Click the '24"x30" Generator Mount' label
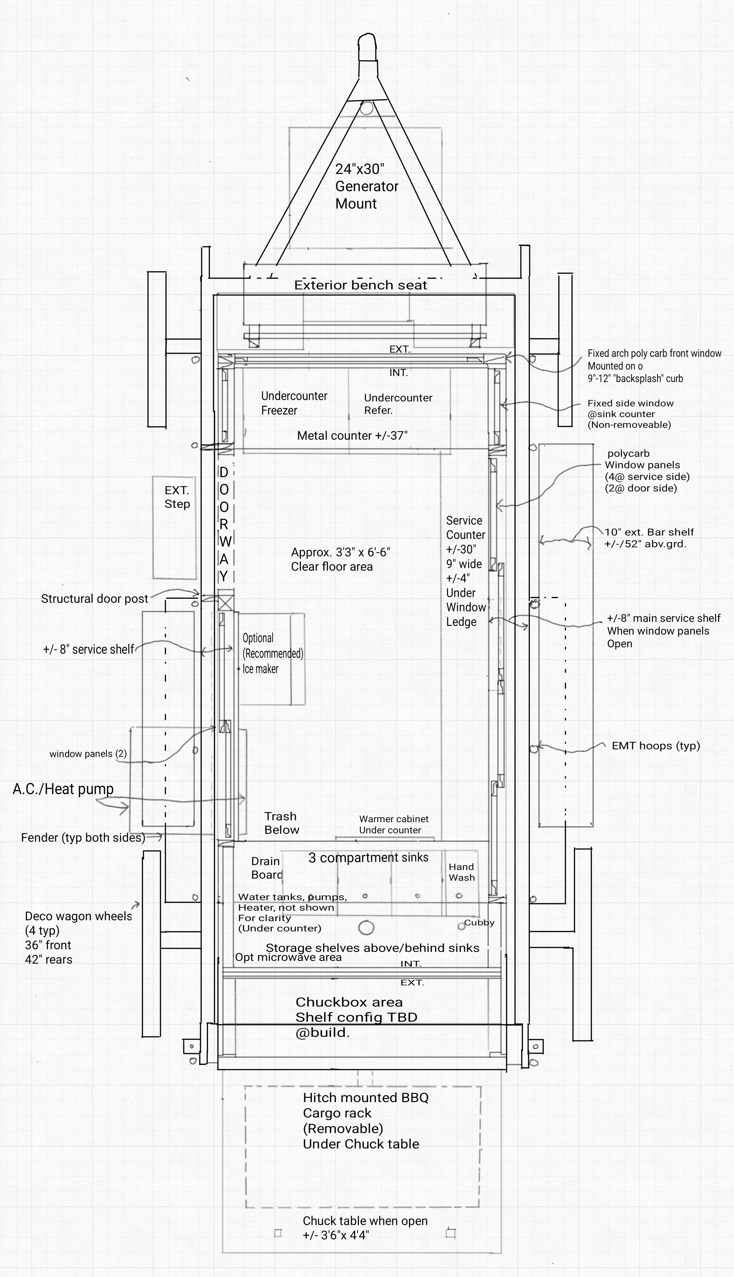[x=366, y=186]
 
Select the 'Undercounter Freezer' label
[x=294, y=403]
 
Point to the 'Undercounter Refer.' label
[x=398, y=404]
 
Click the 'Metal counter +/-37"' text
[x=352, y=436]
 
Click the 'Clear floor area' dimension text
[x=340, y=559]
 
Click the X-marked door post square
[x=226, y=603]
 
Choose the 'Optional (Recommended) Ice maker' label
[x=272, y=653]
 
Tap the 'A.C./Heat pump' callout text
[x=63, y=789]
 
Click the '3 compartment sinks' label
[x=368, y=858]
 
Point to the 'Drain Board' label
[x=266, y=868]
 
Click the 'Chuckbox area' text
[x=349, y=1002]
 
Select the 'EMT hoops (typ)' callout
[x=655, y=746]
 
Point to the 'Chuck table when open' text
[x=365, y=1221]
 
